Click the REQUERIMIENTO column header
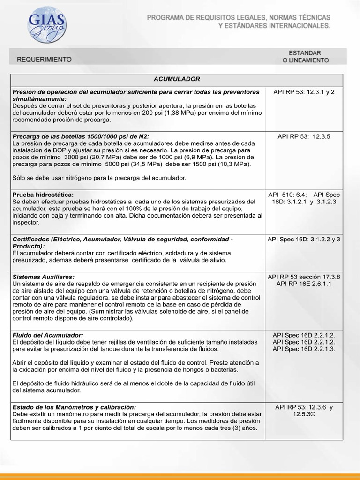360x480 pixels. (45, 60)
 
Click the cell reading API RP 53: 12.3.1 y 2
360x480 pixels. (304, 92)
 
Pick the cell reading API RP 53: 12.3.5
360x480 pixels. (304, 136)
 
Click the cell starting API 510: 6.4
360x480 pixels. (304, 198)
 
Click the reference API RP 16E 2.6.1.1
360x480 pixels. (304, 284)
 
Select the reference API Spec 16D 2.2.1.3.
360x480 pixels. (304, 349)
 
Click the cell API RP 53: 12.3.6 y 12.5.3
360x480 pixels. (304, 411)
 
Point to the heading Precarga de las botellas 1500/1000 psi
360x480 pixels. (81, 136)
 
